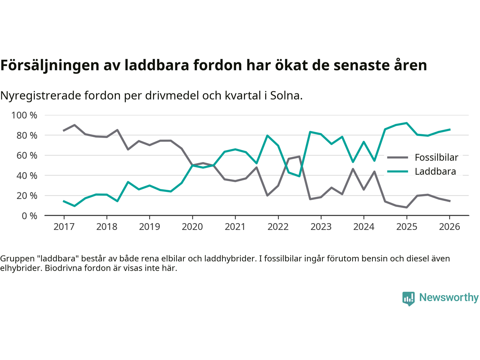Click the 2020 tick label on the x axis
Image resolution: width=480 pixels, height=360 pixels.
(192, 227)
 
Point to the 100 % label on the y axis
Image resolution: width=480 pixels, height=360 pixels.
(24, 115)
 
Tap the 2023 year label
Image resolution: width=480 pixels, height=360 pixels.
(321, 227)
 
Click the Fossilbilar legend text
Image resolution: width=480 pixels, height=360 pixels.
(436, 157)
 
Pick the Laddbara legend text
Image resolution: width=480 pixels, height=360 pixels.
(435, 172)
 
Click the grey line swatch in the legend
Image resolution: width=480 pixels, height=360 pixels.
(397, 157)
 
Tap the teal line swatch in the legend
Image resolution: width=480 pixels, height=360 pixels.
(397, 171)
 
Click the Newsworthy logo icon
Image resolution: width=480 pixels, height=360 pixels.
(408, 298)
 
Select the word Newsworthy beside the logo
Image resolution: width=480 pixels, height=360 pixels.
(449, 297)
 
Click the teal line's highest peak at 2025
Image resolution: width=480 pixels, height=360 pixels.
(406, 123)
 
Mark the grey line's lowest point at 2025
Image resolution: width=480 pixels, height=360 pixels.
(406, 207)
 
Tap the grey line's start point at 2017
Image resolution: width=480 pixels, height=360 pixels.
(64, 130)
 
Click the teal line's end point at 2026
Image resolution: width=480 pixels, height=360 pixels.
(450, 129)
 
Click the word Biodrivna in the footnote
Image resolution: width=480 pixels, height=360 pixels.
(63, 268)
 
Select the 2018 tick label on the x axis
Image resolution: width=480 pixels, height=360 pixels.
(107, 227)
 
